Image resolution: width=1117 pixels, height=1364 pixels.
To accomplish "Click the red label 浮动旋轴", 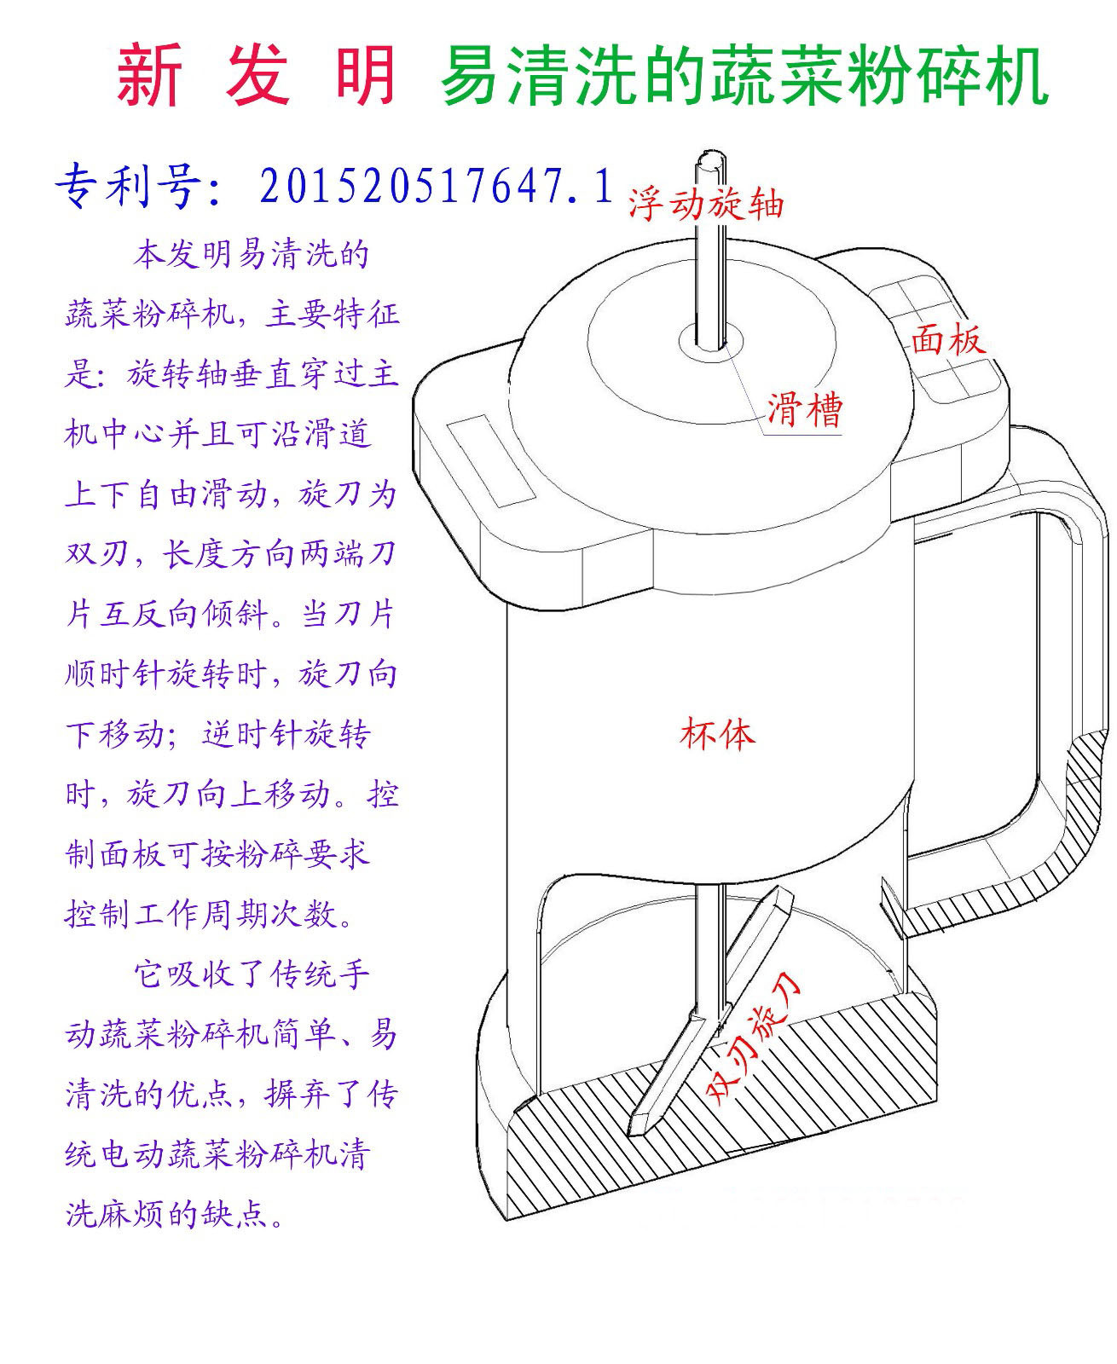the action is pos(706,204).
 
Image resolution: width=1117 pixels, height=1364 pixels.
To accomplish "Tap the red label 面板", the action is pos(949,339).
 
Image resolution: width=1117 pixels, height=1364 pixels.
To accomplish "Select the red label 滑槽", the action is pos(805,409).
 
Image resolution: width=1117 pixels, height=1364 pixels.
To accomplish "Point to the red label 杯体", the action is pos(718,734).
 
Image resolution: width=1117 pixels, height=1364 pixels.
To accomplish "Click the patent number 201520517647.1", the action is pos(436,186).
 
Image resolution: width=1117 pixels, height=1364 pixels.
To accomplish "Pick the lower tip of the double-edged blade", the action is pos(637,1131).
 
